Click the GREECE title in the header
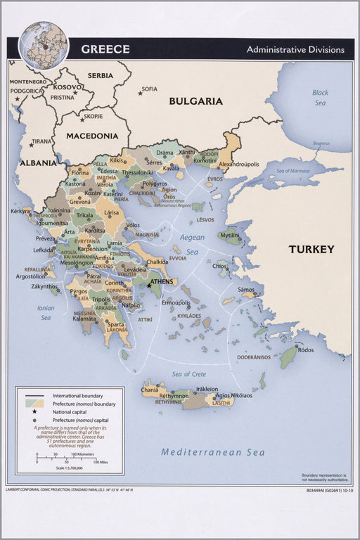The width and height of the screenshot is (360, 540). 105,49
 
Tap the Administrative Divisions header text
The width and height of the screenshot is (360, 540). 295,50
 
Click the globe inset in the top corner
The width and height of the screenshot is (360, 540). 43,44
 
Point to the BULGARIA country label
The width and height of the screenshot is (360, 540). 195,101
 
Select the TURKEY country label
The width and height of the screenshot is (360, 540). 311,249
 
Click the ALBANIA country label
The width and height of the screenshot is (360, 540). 37,162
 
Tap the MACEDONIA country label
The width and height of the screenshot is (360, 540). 92,136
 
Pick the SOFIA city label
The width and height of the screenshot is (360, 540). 149,89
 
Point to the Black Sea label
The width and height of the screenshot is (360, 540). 320,97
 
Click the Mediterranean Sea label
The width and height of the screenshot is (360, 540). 212,452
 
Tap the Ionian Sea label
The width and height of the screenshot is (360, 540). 46,313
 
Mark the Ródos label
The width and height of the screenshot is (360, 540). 305,349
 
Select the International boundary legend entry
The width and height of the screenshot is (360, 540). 77,396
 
